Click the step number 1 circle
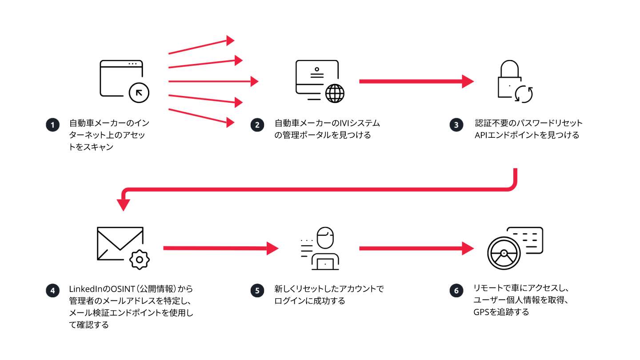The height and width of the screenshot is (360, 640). (52, 125)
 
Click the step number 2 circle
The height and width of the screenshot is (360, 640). (257, 125)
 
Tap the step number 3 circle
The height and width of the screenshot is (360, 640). (456, 125)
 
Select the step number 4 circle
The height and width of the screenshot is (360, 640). (52, 291)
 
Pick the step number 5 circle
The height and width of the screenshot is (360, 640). (257, 291)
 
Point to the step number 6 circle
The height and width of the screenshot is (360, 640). (456, 291)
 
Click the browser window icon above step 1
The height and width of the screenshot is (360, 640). (121, 79)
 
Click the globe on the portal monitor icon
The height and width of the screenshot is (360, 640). (335, 93)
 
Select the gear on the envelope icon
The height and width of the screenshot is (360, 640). (140, 259)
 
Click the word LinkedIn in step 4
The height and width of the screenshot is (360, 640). (84, 289)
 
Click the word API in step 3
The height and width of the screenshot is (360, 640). (482, 135)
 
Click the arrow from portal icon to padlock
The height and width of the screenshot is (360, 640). (416, 81)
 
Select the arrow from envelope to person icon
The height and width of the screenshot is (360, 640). (220, 248)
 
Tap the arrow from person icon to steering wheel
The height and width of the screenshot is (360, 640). (416, 248)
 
